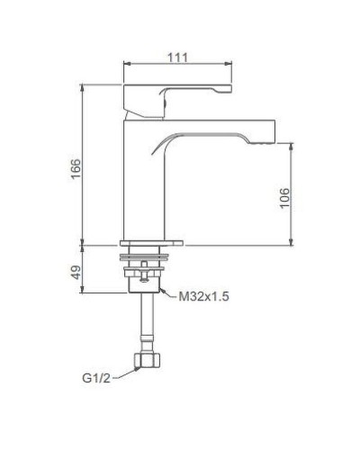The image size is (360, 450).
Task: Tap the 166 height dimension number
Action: (x=76, y=168)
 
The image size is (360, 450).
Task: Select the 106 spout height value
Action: (x=283, y=198)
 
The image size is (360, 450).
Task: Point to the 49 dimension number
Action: (x=76, y=270)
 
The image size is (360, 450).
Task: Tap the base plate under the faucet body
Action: (x=153, y=242)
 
